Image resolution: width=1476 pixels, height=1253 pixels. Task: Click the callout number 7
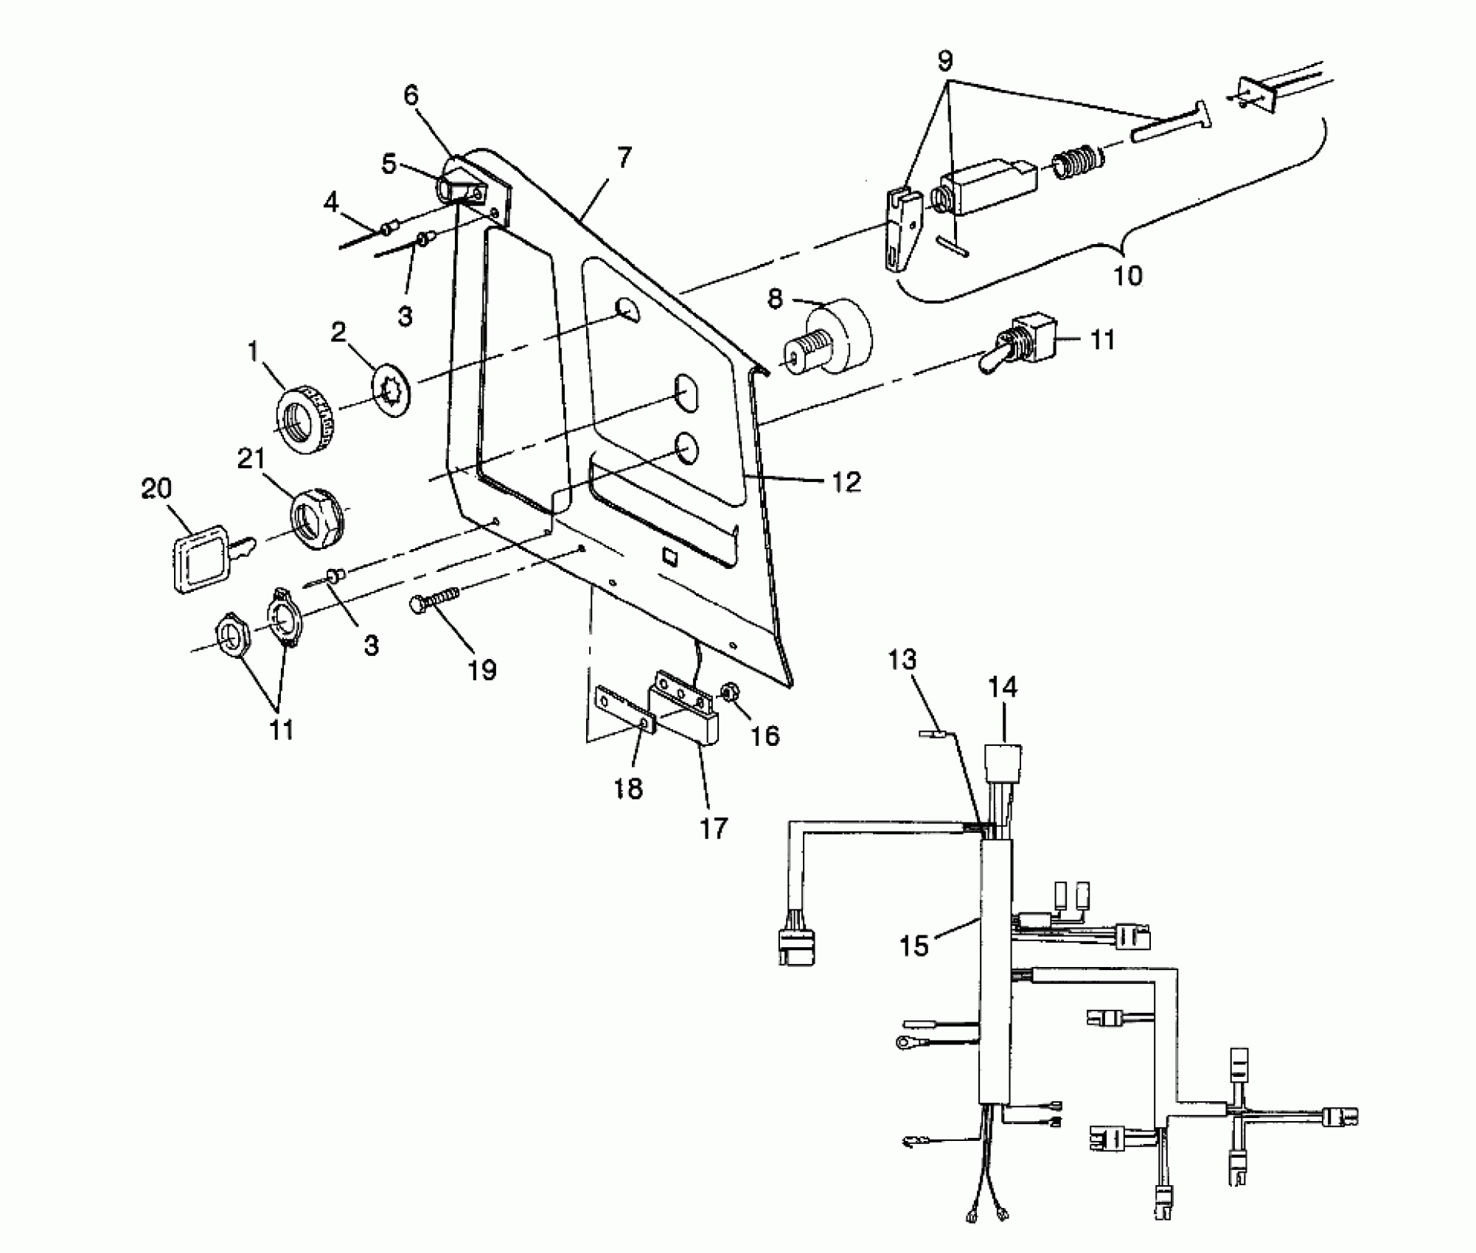pyautogui.click(x=624, y=158)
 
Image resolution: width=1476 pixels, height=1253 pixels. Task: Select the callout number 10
pyautogui.click(x=1127, y=276)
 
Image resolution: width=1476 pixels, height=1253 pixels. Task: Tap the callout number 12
pyautogui.click(x=846, y=482)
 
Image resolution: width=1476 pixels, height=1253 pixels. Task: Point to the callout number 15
pyautogui.click(x=914, y=946)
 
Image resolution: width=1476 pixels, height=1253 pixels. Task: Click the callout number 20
pyautogui.click(x=156, y=489)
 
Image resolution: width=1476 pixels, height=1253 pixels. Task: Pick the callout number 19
pyautogui.click(x=482, y=669)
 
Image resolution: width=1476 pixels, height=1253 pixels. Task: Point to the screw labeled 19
pyautogui.click(x=435, y=598)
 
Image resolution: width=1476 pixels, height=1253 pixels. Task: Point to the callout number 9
pyautogui.click(x=945, y=60)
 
